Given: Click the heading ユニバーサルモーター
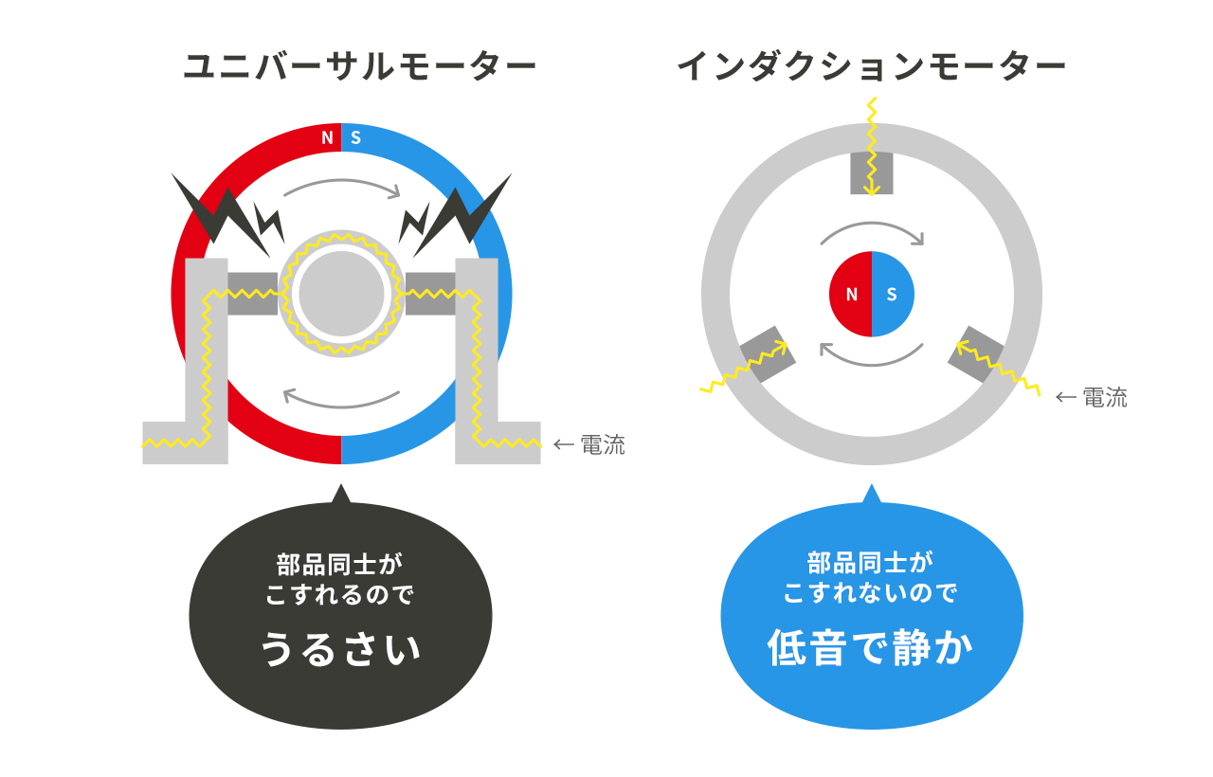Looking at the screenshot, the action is coord(359,66).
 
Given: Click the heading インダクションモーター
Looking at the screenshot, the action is coord(871,66).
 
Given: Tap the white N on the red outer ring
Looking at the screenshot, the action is coord(327,138).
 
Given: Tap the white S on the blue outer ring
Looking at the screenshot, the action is coord(355,138).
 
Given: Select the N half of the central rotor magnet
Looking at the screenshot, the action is coord(851,294).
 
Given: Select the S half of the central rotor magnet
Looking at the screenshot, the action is coord(893,294).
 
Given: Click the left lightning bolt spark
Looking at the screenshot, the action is coord(227,215).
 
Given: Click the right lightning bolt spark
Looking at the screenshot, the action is coord(456,215).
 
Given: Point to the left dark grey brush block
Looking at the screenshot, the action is coord(252,294).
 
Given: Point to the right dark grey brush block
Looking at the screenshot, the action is coord(430,294).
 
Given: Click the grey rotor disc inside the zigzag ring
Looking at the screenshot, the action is coord(341,294).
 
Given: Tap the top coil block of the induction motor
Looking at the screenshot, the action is coord(872,173).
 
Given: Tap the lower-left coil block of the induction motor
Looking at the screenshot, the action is coord(767,354).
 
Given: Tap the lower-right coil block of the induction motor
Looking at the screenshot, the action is coord(976,354).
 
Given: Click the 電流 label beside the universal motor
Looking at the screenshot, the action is coord(603,445).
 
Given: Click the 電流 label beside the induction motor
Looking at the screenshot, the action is coord(1105,397).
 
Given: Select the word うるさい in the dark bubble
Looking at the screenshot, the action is coord(340,649).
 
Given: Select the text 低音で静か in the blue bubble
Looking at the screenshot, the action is coord(871,647).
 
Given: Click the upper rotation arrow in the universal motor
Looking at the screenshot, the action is coord(341,181).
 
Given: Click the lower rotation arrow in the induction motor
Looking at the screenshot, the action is coord(871,364).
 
